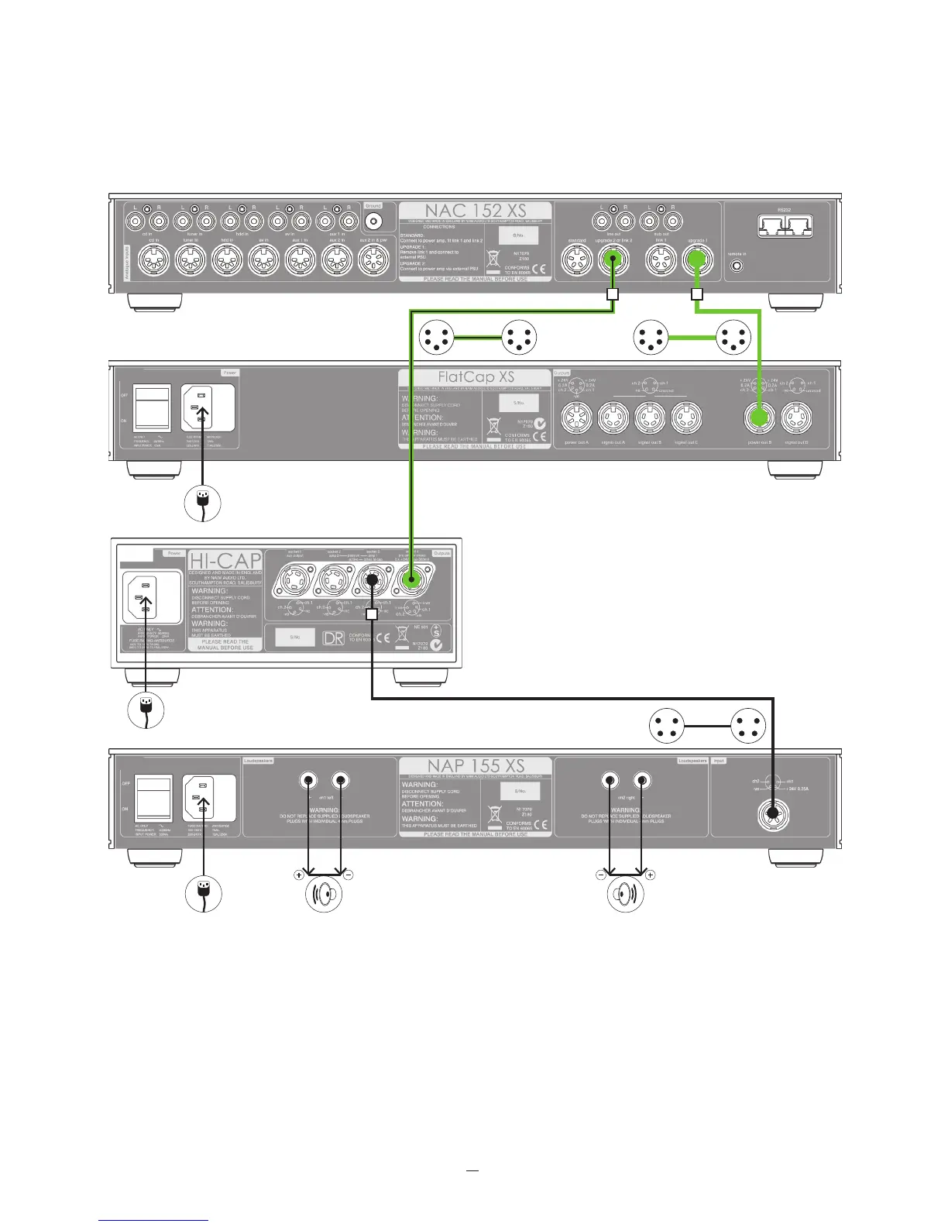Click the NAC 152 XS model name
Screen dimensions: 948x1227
pyautogui.click(x=475, y=211)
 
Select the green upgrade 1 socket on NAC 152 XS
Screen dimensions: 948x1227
pyautogui.click(x=696, y=263)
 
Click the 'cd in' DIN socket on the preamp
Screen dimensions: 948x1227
pyautogui.click(x=153, y=263)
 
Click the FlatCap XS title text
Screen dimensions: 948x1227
pyautogui.click(x=476, y=377)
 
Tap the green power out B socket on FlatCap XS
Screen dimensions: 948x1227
pyautogui.click(x=760, y=418)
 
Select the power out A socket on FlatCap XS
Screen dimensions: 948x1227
pyautogui.click(x=576, y=419)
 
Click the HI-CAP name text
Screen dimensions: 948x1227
pyautogui.click(x=225, y=561)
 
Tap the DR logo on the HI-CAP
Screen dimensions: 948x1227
pyautogui.click(x=334, y=638)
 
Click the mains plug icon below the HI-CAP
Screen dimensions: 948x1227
pyautogui.click(x=146, y=708)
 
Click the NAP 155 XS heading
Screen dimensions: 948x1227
pyautogui.click(x=476, y=767)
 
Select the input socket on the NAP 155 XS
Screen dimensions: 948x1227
pyautogui.click(x=772, y=813)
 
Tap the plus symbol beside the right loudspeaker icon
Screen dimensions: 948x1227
pyautogui.click(x=649, y=875)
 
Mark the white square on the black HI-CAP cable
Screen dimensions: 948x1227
pyautogui.click(x=372, y=613)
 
